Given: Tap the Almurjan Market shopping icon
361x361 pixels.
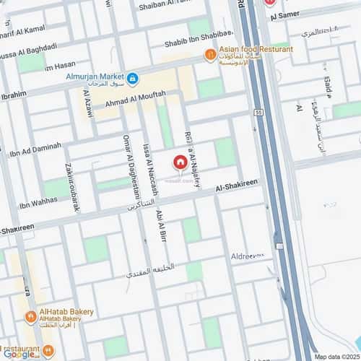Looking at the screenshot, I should click(x=134, y=77).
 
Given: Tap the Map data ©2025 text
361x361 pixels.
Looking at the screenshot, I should click(x=336, y=355).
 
